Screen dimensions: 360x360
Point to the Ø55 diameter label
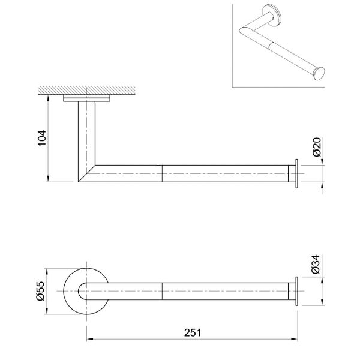pyautogui.click(x=41, y=290)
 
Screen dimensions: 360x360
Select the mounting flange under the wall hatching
pyautogui.click(x=87, y=99)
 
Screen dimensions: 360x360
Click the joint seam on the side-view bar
pyautogui.click(x=163, y=173)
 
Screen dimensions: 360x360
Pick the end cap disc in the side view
pyautogui.click(x=296, y=173)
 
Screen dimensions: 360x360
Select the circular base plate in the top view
pyautogui.click(x=71, y=290)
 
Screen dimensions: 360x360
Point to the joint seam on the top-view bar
pyautogui.click(x=163, y=290)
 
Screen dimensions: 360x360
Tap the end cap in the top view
pyautogui.click(x=296, y=290)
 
